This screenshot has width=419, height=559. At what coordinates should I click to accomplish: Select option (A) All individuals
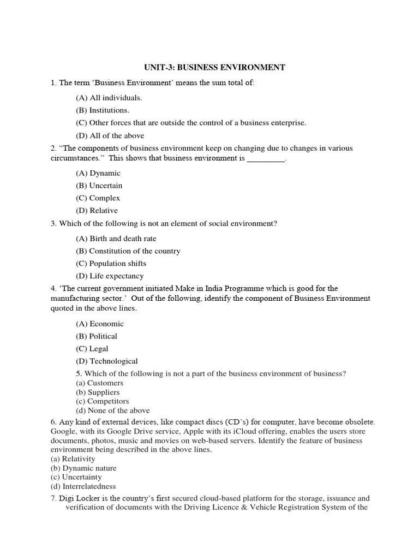109,98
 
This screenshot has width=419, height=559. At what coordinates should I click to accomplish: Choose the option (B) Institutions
103,110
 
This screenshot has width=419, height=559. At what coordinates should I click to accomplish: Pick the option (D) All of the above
110,135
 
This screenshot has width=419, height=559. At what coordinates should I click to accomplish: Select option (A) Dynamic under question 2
98,173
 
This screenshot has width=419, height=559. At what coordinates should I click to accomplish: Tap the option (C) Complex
98,198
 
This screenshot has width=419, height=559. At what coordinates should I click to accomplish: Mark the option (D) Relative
97,211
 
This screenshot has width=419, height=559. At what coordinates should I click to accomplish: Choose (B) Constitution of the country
128,251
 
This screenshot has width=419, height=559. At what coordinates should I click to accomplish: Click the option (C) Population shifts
111,264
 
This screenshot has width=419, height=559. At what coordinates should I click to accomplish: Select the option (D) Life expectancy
110,276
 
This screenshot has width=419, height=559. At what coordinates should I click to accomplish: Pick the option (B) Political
97,336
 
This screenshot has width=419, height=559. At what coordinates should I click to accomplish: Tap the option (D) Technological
107,361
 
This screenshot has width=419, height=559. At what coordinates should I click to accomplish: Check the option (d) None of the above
112,411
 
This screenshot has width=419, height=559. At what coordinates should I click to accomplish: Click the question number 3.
53,224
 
